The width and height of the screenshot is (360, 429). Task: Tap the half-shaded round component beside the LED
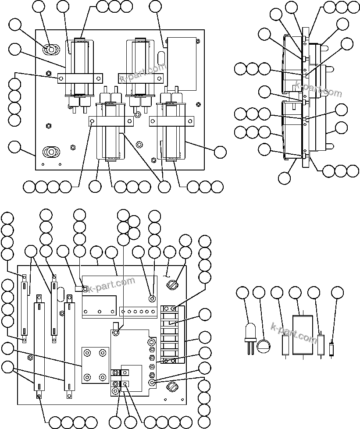pos(263,346)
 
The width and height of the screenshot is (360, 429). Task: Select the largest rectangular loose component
pos(303,335)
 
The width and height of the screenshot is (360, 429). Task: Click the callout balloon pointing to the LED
pos(242,293)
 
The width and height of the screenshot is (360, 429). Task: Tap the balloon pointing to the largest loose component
pos(296,293)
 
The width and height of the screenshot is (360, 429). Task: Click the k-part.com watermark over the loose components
pos(294,333)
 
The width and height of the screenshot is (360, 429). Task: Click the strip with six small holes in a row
pos(139,312)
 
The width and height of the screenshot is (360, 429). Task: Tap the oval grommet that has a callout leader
pos(51,50)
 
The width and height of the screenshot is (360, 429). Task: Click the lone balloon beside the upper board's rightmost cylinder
pos(220,152)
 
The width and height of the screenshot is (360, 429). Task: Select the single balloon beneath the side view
pos(285,177)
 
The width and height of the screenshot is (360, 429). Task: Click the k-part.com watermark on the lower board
pos(112,285)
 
